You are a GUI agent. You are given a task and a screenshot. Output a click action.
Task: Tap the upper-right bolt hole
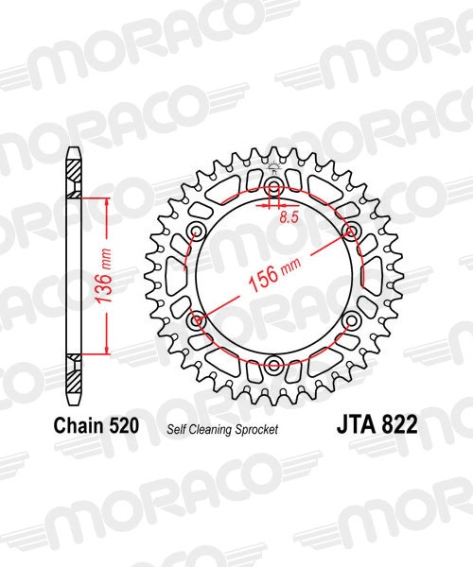pos(352,232)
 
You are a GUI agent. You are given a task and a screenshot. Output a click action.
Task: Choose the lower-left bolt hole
pos(197,321)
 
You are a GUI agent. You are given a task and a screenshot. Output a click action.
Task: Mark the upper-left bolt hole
pos(197,232)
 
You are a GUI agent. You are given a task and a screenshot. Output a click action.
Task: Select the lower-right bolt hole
pos(352,321)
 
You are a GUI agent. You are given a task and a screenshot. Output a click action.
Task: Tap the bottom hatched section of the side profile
pos(73,372)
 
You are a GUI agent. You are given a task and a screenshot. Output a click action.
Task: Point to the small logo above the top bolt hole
pos(274,170)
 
